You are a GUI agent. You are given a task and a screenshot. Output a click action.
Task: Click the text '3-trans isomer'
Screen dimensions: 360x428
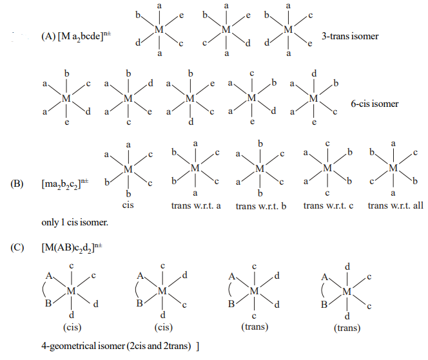pyautogui.click(x=352, y=36)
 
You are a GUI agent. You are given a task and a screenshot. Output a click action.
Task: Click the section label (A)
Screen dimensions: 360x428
pyautogui.click(x=49, y=37)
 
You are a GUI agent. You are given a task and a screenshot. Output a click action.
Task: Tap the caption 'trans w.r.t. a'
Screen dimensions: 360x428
pyautogui.click(x=195, y=206)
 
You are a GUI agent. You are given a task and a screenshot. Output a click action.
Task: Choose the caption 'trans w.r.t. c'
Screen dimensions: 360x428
pyautogui.click(x=327, y=206)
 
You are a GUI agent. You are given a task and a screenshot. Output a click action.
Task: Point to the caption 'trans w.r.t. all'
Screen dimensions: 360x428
pyautogui.click(x=395, y=206)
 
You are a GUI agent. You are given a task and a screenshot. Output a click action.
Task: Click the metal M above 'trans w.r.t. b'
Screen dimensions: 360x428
pyautogui.click(x=260, y=168)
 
